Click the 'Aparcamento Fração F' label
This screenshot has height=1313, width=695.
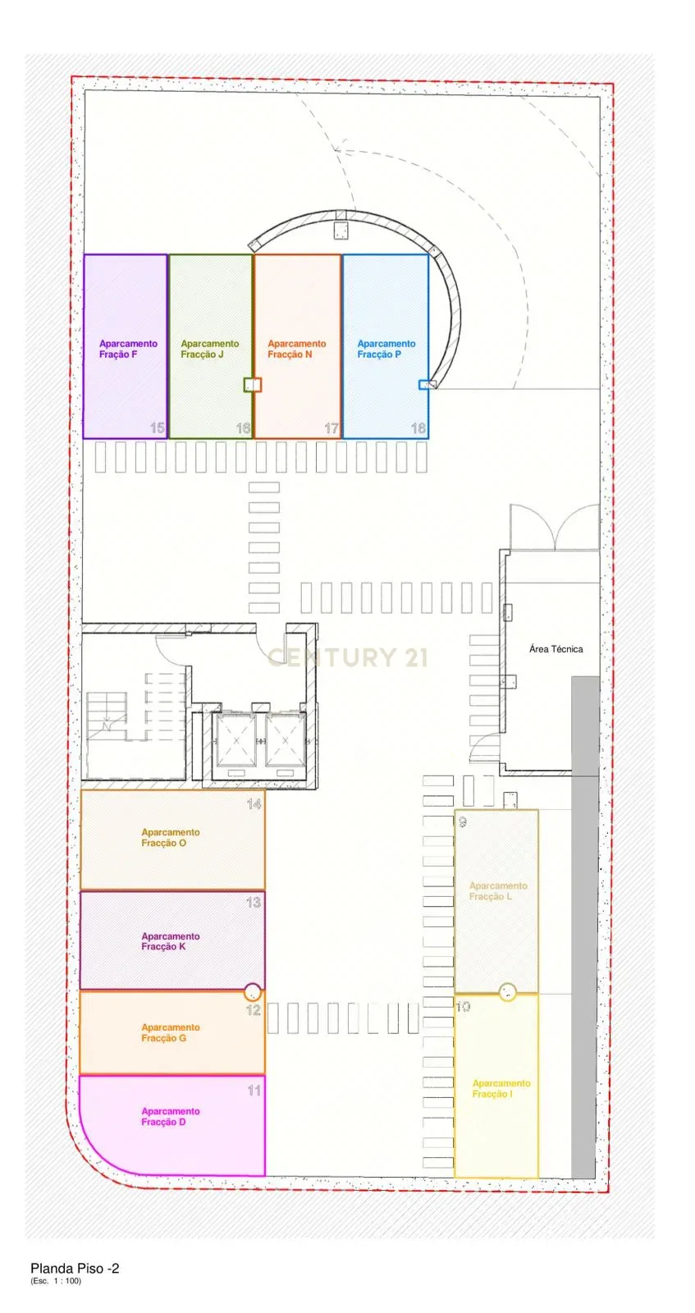tap(128, 349)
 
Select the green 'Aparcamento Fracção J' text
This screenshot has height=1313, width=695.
tap(210, 349)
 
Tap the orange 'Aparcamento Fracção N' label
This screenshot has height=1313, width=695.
tap(296, 349)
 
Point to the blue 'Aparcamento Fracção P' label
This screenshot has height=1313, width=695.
tap(386, 349)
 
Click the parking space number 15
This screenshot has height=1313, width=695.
tap(158, 428)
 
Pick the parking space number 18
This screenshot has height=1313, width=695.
tap(418, 428)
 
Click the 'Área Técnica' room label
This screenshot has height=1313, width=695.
tap(556, 649)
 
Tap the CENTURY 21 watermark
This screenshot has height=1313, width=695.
tap(348, 656)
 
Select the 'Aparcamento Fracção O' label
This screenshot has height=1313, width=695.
tap(170, 837)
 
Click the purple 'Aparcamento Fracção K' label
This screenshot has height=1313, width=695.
tap(170, 941)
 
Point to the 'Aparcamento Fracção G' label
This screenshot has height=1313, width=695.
tap(170, 1032)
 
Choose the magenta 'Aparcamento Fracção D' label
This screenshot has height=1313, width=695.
tap(170, 1116)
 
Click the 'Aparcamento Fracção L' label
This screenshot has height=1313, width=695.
tap(497, 891)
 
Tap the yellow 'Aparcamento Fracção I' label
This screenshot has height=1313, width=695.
tap(501, 1088)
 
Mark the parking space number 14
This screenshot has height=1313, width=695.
tap(254, 804)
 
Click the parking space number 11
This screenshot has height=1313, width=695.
tap(254, 1091)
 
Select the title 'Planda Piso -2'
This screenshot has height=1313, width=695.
tap(75, 1268)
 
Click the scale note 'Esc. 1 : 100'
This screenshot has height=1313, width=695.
tap(56, 1281)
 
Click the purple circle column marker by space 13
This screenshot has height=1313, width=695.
tap(253, 990)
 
